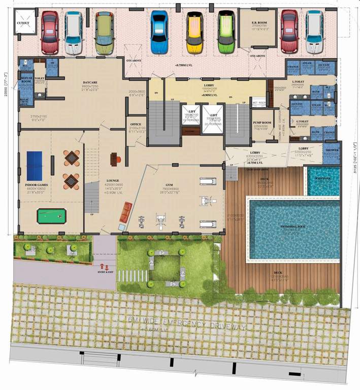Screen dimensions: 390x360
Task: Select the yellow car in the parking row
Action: (x=194, y=31)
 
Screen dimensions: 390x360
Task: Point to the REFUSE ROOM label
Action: (x=26, y=80)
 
